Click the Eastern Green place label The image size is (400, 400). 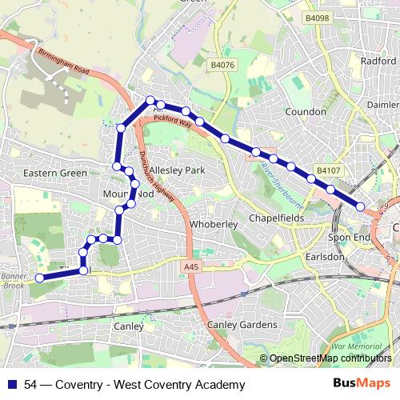tap(55, 173)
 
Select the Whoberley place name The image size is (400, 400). tap(214, 225)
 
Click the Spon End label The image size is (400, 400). tap(349, 238)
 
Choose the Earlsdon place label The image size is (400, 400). tap(323, 257)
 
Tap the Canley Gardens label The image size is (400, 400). tap(242, 325)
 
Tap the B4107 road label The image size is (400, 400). tap(326, 170)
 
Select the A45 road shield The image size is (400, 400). tap(190, 266)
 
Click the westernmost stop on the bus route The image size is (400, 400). tap(40, 278)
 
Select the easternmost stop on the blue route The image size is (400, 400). tap(361, 206)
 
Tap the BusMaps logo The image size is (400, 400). tap(357, 383)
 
